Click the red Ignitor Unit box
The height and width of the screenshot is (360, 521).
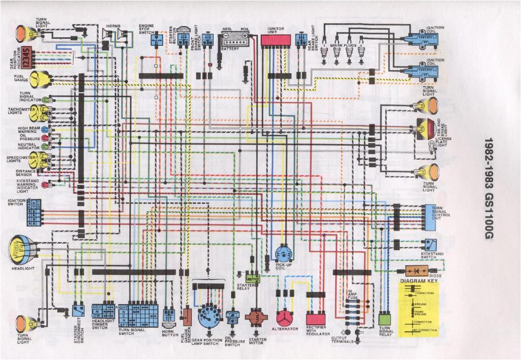coord(276,40)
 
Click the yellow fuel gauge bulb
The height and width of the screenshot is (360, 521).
coord(39,79)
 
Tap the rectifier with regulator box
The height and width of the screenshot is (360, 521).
coord(316,319)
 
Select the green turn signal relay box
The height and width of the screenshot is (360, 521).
coord(385,318)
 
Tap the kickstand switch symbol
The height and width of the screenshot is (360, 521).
coord(429,244)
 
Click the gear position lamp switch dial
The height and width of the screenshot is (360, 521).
coord(208,316)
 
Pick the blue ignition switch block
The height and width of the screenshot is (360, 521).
coord(34,214)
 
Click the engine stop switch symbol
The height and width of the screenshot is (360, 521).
coord(157,40)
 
